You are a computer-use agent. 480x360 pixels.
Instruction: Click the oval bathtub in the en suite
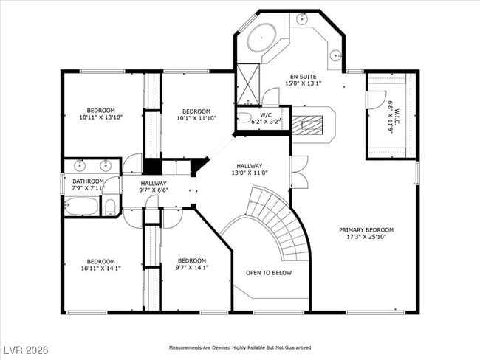click(261, 38)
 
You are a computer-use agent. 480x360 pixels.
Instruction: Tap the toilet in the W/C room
click(244, 117)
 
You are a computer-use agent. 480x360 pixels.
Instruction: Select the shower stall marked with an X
click(248, 84)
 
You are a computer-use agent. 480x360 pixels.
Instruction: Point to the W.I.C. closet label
click(390, 116)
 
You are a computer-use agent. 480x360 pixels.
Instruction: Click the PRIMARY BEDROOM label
click(366, 233)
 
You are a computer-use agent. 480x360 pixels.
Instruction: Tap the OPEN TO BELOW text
click(268, 273)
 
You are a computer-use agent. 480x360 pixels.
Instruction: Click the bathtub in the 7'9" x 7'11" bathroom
click(81, 206)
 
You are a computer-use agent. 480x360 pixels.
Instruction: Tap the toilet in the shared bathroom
click(110, 206)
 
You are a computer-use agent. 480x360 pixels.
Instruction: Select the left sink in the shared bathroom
click(78, 166)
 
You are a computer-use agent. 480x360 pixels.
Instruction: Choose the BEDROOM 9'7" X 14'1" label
click(191, 264)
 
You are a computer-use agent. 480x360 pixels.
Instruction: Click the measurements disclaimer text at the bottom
click(240, 347)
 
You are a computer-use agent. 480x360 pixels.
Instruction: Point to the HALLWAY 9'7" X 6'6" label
click(154, 187)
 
